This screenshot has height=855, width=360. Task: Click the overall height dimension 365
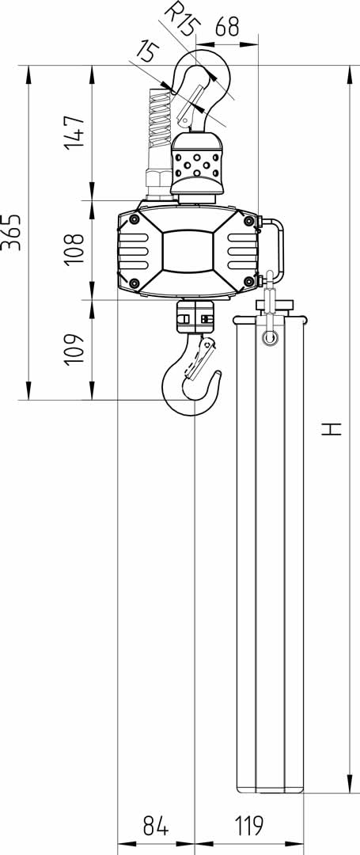tap(11, 232)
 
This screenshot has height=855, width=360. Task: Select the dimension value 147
tap(74, 132)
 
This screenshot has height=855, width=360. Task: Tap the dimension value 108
tap(74, 249)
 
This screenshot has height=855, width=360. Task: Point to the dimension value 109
tap(74, 350)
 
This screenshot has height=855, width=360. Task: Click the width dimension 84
tap(156, 826)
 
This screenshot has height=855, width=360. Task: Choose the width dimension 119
tap(249, 826)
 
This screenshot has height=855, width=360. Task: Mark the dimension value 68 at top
tap(227, 26)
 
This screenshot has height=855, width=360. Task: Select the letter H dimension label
tap(331, 429)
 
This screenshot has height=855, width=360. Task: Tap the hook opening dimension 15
tap(147, 52)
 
